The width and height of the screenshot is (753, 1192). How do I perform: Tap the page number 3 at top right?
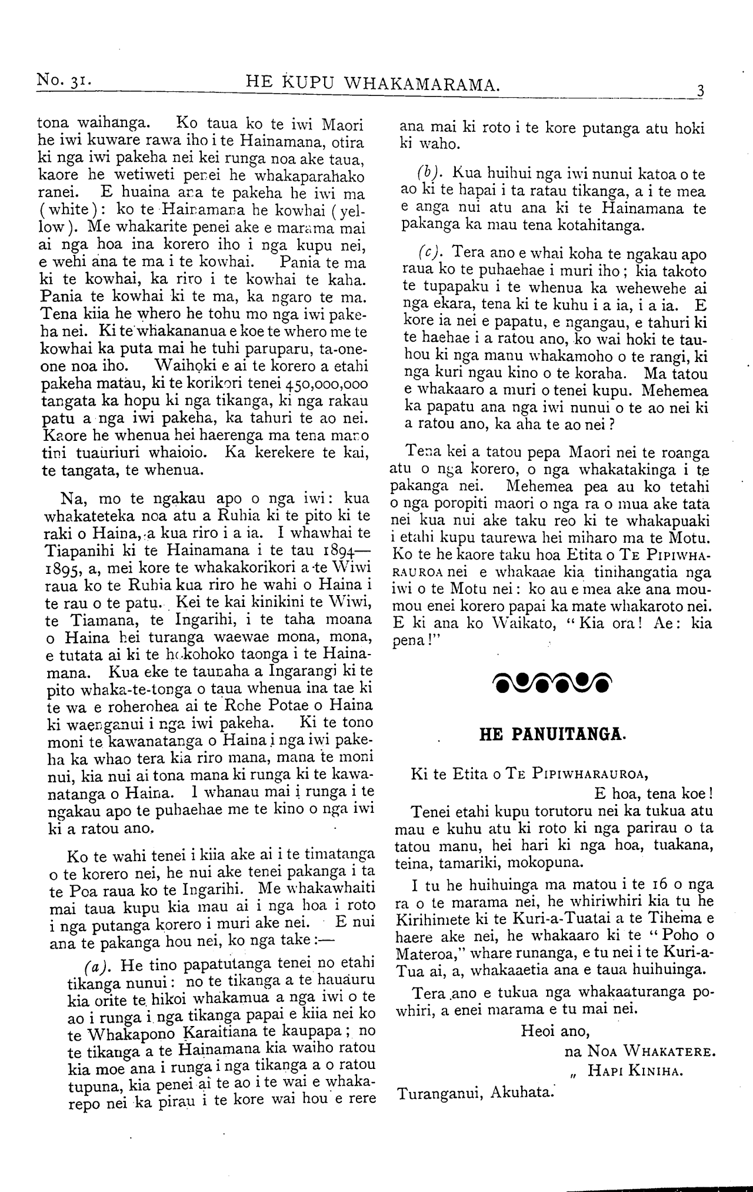pyautogui.click(x=700, y=91)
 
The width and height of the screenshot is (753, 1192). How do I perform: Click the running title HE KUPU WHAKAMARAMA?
pyautogui.click(x=372, y=84)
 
